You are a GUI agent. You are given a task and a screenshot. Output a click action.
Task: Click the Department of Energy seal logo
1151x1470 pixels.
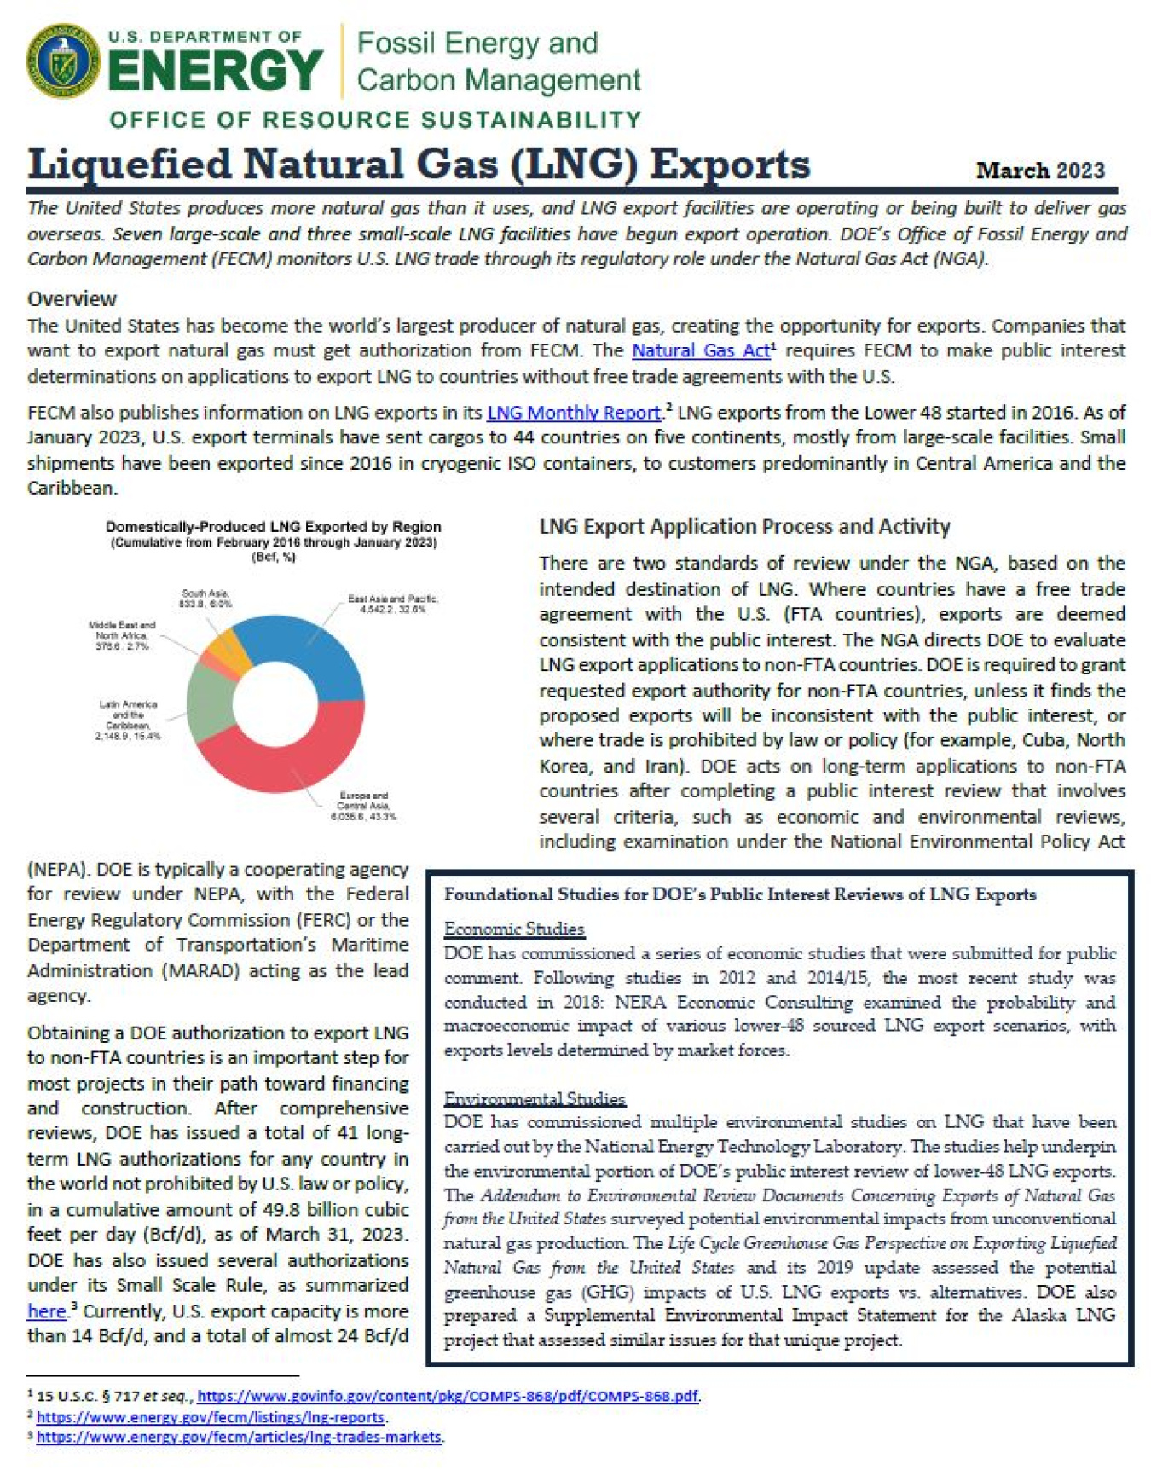[x=64, y=61]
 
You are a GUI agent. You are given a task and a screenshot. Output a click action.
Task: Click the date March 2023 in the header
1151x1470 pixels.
[x=1039, y=171]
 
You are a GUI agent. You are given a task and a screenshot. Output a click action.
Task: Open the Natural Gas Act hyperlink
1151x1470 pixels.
[x=700, y=350]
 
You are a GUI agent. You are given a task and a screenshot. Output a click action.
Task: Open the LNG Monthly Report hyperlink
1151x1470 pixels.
[x=574, y=413]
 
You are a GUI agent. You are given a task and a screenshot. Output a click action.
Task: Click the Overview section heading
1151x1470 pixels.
[x=72, y=299]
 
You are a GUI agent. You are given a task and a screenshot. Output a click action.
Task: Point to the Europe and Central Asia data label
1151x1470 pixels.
[x=363, y=806]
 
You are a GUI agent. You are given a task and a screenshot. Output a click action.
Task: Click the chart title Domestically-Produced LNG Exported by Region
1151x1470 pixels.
[x=273, y=527]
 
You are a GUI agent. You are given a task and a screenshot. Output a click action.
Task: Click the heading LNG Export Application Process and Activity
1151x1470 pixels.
[x=744, y=527]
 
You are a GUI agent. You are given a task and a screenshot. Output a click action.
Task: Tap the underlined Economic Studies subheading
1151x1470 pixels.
[x=514, y=929]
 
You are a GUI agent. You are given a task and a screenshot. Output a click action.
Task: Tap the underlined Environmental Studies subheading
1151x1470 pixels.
[x=535, y=1098]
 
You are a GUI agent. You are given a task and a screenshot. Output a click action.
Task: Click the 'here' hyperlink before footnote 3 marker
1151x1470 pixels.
[x=46, y=1311]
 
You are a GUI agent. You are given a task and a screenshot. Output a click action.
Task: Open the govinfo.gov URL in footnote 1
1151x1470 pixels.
[x=448, y=1396]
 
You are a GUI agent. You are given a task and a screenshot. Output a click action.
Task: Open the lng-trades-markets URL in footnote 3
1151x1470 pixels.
[x=239, y=1437]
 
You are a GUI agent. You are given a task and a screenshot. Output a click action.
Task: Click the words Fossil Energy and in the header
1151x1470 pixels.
[x=477, y=43]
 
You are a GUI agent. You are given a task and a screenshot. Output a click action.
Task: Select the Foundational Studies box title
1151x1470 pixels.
[x=739, y=894]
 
